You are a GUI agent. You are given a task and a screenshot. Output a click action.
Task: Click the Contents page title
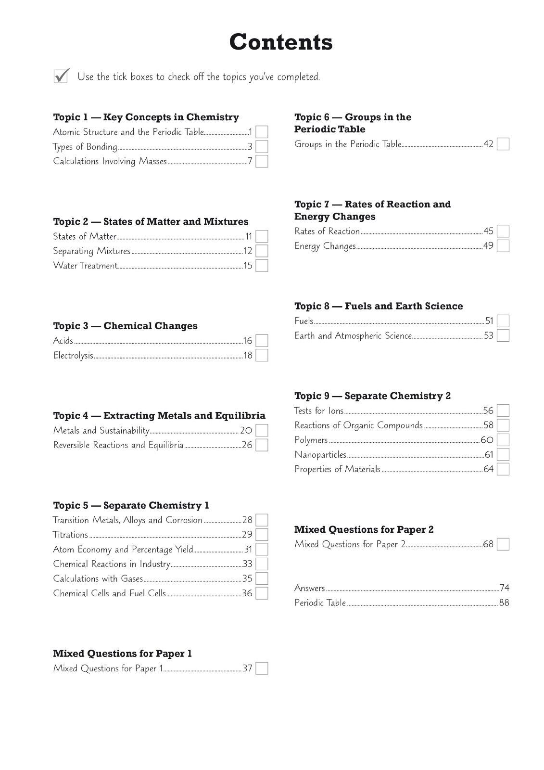coord(281,42)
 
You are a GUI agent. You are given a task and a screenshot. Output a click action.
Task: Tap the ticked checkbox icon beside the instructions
coord(61,76)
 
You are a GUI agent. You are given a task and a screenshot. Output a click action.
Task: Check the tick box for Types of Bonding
coord(262,147)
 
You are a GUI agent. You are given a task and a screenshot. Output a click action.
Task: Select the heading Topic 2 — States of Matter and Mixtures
coord(151,222)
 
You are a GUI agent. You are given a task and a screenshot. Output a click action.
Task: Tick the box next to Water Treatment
coord(262,266)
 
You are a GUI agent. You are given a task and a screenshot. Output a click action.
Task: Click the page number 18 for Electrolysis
coord(248,356)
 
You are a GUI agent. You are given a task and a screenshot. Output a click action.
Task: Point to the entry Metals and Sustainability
coord(101,431)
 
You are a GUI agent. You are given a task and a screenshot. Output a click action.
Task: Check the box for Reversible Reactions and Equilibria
coord(262,445)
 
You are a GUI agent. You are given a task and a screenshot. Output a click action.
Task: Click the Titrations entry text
coord(71,535)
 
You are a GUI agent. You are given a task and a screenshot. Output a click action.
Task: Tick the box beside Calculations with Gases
coord(262,578)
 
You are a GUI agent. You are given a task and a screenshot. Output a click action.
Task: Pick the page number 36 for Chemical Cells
coord(247,593)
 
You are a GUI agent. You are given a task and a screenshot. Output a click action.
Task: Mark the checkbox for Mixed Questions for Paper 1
coord(262,668)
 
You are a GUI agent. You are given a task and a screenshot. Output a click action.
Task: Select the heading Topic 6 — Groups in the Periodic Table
coord(353,123)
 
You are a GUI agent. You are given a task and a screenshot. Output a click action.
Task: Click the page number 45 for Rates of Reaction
coord(489,231)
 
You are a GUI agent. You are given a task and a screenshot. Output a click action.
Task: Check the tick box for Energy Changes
coord(503,246)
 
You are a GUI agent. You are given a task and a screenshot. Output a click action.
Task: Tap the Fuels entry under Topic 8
coord(304,321)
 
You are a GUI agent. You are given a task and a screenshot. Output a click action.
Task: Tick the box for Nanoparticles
coord(503,455)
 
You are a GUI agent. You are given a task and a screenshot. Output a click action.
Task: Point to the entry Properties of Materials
coord(337,469)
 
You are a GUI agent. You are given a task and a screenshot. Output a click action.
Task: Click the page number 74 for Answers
coord(505,588)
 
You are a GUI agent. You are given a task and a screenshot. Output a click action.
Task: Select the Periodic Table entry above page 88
coord(320,603)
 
